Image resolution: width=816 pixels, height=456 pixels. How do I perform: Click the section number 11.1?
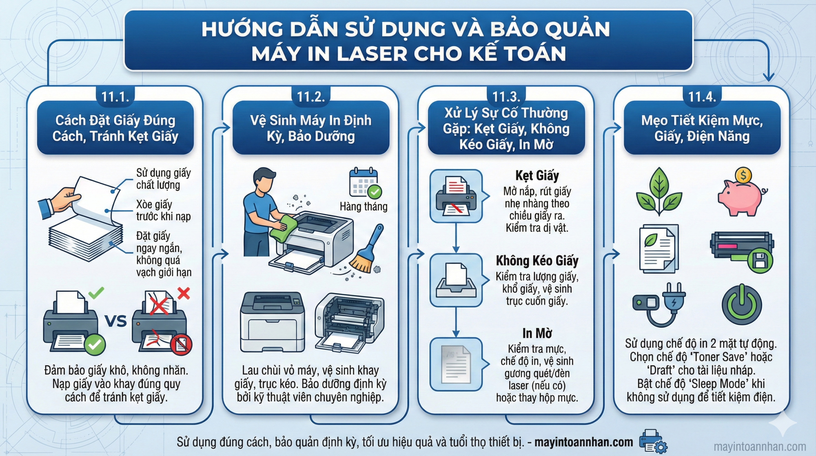tap(115, 97)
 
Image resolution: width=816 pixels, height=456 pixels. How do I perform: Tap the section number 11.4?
tap(702, 97)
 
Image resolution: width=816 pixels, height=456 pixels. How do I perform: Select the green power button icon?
tap(742, 304)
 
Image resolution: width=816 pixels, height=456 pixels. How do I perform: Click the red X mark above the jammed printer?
tap(184, 293)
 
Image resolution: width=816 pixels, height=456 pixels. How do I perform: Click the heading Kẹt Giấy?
tap(537, 176)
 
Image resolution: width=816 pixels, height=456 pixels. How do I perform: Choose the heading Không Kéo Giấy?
tap(537, 261)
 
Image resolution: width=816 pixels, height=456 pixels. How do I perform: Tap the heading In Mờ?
tap(537, 333)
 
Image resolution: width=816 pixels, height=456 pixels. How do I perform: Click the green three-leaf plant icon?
tap(659, 191)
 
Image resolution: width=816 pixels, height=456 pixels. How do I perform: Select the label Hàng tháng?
tap(363, 207)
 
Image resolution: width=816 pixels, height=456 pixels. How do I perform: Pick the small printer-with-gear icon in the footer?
tap(652, 441)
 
